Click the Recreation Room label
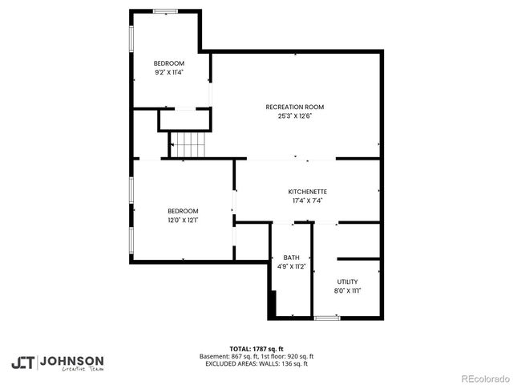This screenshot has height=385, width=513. [294, 107]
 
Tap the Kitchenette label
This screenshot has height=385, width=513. [308, 192]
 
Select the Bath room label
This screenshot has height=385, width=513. [291, 257]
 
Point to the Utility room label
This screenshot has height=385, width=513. [347, 282]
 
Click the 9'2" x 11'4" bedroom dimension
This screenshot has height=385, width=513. [169, 72]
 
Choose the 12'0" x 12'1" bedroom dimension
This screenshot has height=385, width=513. [183, 220]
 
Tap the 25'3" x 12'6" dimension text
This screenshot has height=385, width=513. [294, 115]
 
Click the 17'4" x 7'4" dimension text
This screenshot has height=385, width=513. [308, 201]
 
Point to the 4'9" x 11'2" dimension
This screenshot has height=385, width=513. [291, 266]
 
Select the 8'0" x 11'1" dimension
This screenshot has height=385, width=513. [347, 290]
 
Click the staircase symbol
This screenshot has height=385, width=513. [187, 146]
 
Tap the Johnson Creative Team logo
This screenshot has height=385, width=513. [57, 362]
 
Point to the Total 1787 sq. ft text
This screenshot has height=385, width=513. [256, 349]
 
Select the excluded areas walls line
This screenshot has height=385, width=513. [256, 363]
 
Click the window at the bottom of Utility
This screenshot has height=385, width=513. [326, 318]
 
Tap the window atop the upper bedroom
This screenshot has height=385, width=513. [165, 10]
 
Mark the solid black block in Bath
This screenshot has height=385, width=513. [273, 306]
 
